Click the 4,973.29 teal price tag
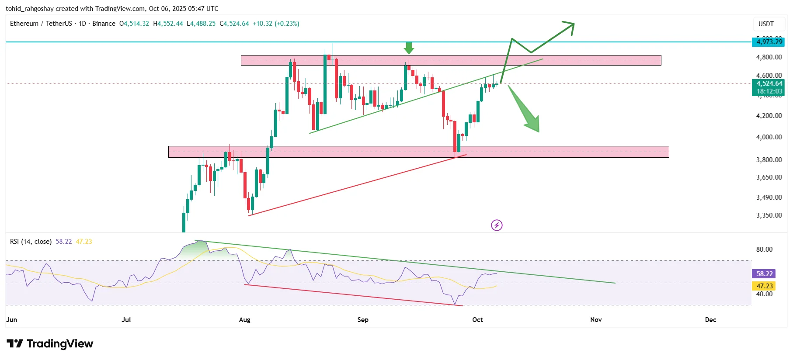[768, 42]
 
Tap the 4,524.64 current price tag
[768, 83]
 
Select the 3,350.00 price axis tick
[769, 215]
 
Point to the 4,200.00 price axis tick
[769, 116]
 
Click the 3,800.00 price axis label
[769, 160]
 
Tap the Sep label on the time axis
[362, 320]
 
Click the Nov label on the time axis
[595, 320]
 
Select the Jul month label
[126, 320]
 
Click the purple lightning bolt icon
[497, 225]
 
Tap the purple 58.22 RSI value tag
[764, 274]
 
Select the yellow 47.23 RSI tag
[764, 286]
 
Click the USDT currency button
[765, 24]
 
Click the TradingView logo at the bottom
[50, 344]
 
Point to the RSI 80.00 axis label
[764, 249]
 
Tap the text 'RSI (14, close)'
[31, 242]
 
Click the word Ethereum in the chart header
[24, 24]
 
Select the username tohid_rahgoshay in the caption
[29, 9]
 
